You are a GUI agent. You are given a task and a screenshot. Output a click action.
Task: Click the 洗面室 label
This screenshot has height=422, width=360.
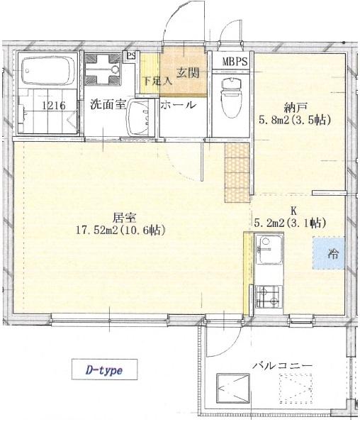(108, 105)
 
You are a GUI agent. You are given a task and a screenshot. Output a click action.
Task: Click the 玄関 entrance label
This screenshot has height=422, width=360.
(188, 72)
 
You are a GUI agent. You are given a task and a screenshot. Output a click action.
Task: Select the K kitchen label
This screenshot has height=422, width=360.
(293, 211)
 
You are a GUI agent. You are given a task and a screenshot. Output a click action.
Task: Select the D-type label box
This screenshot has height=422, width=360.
(106, 370)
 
